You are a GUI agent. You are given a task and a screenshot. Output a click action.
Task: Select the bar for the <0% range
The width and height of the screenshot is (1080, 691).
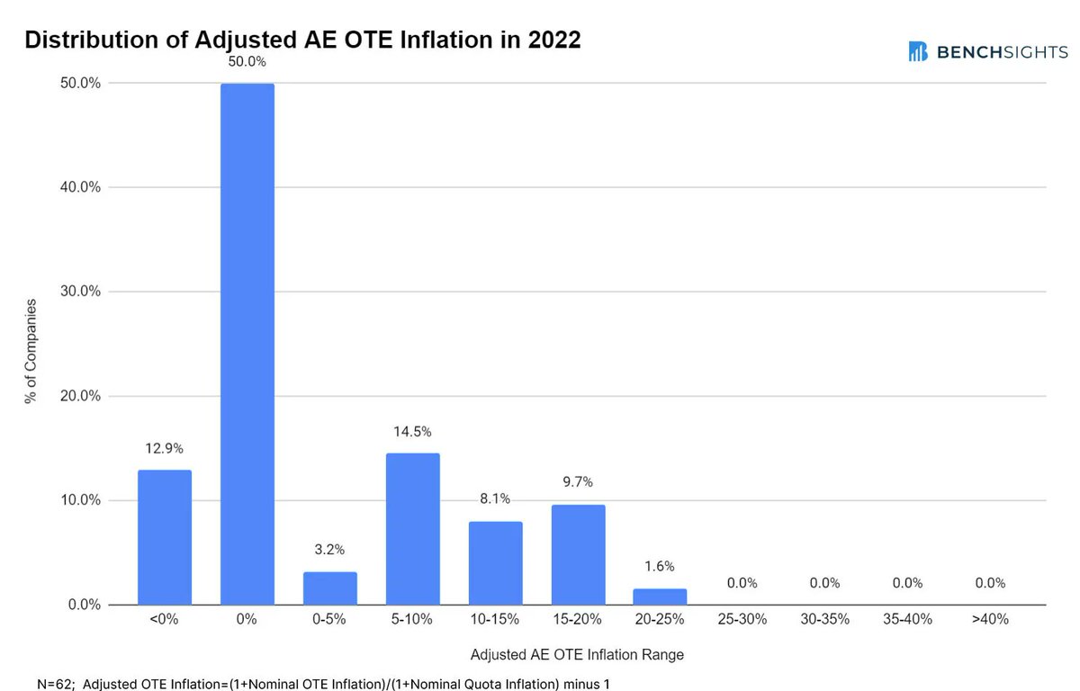165,537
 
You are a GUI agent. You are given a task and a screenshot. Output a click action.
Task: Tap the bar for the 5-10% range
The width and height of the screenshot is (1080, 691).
413,529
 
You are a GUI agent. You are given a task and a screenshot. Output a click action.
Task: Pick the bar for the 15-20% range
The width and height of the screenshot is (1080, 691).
579,554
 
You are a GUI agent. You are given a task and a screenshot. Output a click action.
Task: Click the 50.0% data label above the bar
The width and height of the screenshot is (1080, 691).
247,63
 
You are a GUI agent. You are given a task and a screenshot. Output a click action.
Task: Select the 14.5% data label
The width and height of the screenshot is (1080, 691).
413,433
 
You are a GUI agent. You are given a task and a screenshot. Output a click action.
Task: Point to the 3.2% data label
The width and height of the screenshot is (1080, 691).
330,550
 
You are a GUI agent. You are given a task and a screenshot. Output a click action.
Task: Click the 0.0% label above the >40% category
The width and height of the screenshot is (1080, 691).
990,583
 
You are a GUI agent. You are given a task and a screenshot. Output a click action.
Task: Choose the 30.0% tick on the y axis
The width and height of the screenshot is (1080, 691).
79,292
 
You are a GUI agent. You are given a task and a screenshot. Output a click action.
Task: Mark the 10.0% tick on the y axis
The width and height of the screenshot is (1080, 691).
79,500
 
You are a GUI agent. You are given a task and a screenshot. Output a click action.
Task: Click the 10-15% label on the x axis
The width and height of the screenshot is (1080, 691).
496,620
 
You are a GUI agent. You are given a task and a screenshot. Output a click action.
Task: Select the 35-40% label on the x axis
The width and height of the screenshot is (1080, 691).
907,620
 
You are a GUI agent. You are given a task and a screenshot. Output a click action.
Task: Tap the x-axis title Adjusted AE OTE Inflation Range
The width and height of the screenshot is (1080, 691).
577,655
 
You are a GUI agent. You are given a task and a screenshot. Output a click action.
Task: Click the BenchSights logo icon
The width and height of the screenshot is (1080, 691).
918,51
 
